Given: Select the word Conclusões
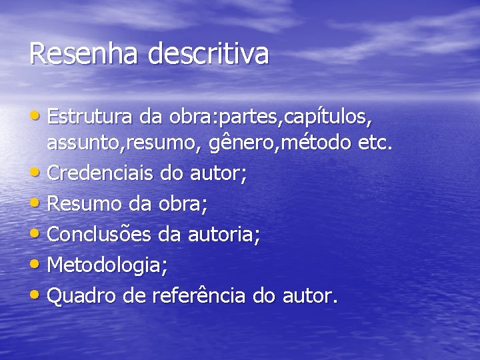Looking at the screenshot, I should [101, 235].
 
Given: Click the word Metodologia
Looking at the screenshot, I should [107, 265].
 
